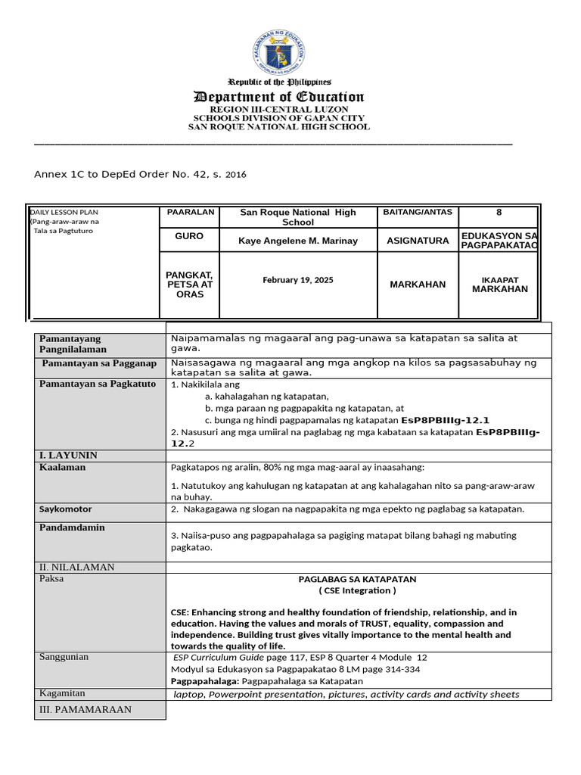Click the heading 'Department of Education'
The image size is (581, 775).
coord(279,97)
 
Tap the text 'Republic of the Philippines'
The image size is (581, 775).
coord(279,82)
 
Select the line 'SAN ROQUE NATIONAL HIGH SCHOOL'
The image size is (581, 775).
coord(279,127)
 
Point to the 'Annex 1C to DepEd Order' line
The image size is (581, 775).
coord(140,174)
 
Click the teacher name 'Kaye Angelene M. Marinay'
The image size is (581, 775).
coord(298,241)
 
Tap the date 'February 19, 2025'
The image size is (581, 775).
coord(298,280)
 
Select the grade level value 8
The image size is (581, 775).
coord(499,213)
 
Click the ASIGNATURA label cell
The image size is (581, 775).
coord(418,241)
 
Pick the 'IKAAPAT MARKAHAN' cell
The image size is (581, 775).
coord(499,285)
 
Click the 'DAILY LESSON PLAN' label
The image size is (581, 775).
coord(65,213)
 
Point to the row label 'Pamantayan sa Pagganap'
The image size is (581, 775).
coord(99,363)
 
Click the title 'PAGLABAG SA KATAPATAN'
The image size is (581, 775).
coord(357,579)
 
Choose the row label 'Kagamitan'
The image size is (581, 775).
coord(62,693)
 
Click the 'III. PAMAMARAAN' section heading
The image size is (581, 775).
coord(85,709)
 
